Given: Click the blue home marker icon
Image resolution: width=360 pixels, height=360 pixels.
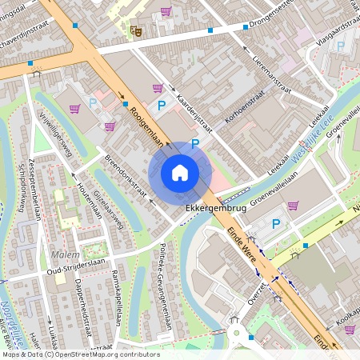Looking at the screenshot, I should (x=180, y=173).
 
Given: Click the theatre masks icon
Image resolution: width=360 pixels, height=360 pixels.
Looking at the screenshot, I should (x=136, y=31).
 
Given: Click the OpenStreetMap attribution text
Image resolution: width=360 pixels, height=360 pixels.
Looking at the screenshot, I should (x=80, y=354).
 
